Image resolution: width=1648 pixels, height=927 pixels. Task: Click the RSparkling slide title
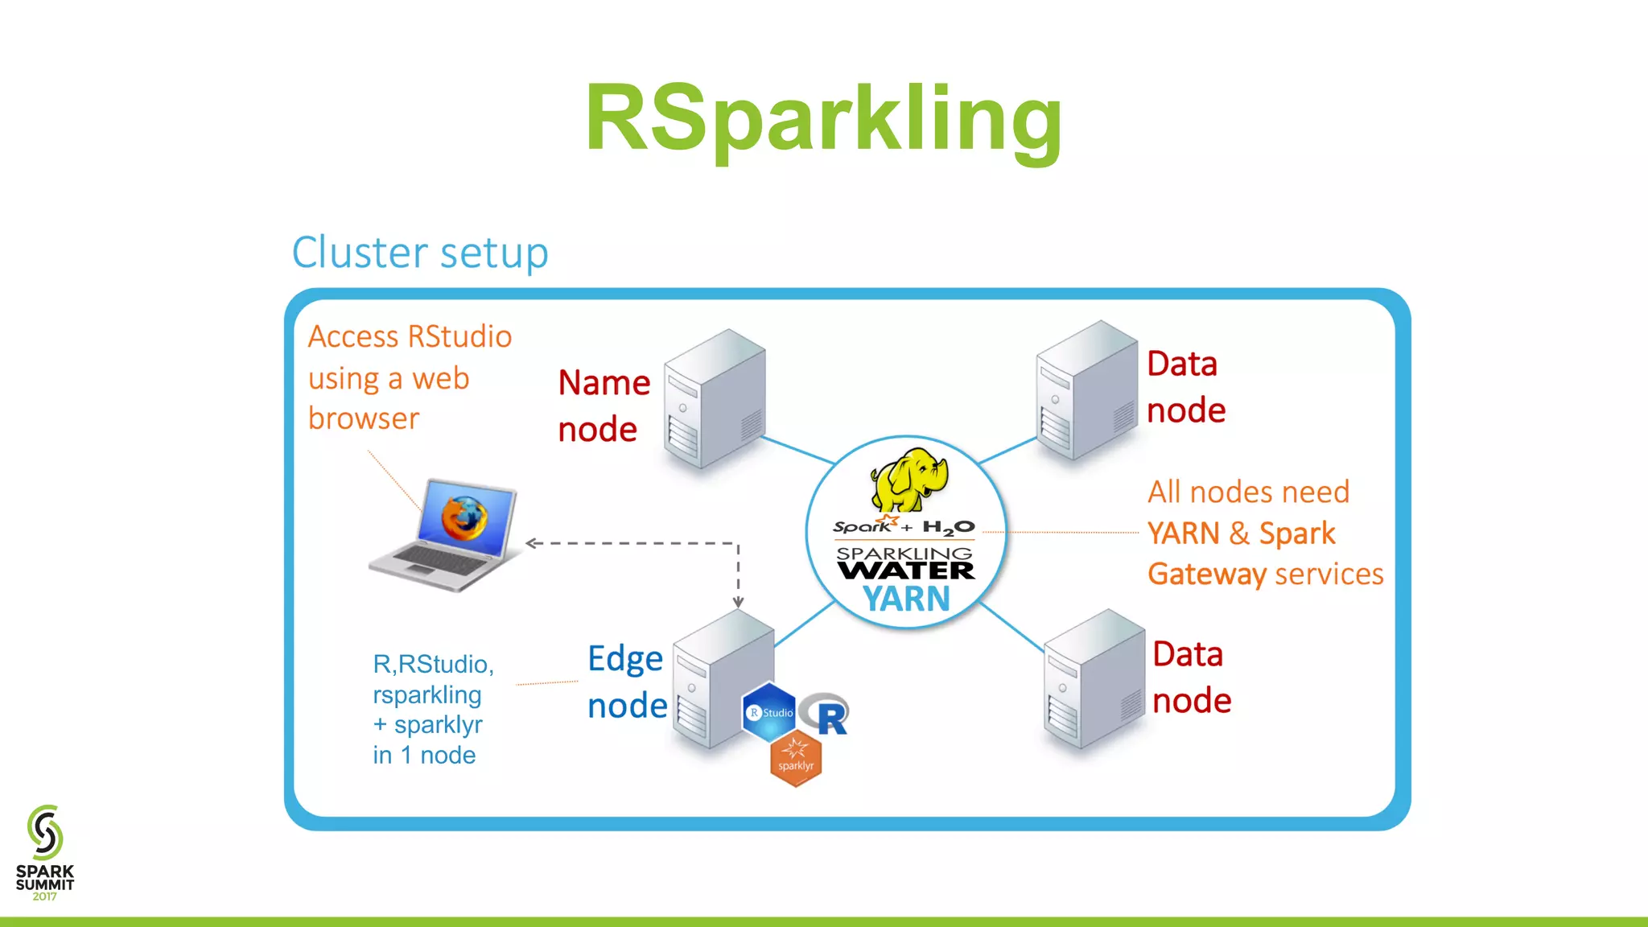click(x=823, y=119)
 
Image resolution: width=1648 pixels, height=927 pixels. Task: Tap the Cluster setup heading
click(x=419, y=253)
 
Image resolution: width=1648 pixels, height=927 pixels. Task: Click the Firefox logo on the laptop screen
click(x=464, y=518)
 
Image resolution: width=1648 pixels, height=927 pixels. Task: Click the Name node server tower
click(x=715, y=399)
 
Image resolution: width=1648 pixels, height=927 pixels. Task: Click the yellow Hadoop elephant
click(x=909, y=480)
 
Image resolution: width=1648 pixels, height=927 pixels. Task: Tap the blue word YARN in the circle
click(x=906, y=599)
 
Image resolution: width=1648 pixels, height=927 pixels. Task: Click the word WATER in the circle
click(x=905, y=571)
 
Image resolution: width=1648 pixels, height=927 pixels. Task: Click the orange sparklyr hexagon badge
click(x=795, y=760)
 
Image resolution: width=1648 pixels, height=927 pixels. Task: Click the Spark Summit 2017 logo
click(x=45, y=853)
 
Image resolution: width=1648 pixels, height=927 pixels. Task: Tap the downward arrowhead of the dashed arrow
click(x=738, y=602)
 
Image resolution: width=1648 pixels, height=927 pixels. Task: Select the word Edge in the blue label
click(x=625, y=659)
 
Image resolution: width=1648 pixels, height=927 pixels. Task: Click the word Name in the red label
click(x=604, y=383)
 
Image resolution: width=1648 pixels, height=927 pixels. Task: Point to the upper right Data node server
click(x=1086, y=392)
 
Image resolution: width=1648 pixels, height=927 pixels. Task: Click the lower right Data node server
click(x=1092, y=679)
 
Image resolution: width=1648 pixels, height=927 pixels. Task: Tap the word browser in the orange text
click(x=364, y=418)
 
